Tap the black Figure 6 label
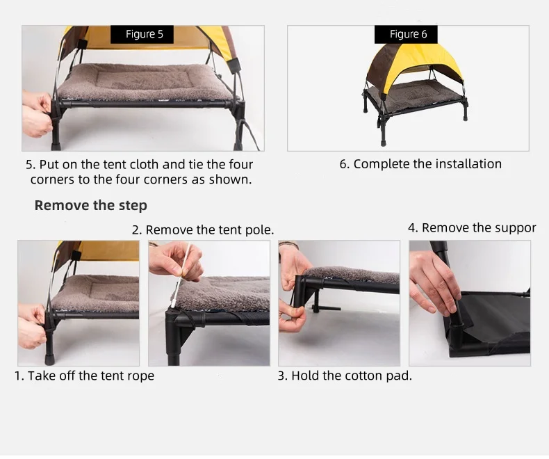[x=406, y=34]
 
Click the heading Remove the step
[x=90, y=205]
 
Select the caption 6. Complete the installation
[x=420, y=164]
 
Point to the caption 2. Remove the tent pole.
[x=203, y=230]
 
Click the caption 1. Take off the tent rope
[x=84, y=376]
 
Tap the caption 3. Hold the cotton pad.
[x=345, y=376]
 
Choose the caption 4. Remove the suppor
[x=472, y=227]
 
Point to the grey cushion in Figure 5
[x=145, y=83]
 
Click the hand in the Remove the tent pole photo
[x=175, y=261]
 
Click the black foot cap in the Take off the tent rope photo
[x=49, y=360]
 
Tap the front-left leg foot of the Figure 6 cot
[x=384, y=143]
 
